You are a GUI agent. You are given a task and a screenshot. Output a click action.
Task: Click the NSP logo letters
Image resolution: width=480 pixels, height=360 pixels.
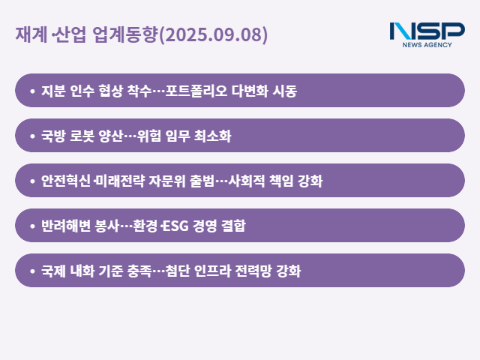(427, 31)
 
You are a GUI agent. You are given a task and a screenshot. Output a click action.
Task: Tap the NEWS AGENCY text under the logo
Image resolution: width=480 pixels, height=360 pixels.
(427, 45)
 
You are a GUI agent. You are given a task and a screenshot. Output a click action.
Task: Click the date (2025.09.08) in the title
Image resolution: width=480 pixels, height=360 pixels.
(213, 34)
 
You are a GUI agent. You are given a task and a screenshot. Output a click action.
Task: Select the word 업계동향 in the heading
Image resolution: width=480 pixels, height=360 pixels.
(125, 34)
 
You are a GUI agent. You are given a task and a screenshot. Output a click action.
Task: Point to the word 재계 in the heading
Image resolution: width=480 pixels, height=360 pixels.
(31, 34)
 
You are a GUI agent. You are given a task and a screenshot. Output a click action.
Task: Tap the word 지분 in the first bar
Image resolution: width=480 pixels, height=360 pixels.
(53, 91)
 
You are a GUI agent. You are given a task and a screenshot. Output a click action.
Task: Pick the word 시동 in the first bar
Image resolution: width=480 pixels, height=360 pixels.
(285, 91)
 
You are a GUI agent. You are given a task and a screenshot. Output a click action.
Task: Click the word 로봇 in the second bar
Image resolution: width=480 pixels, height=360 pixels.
(82, 136)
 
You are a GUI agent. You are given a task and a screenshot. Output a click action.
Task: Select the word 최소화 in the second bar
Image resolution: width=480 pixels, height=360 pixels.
(213, 136)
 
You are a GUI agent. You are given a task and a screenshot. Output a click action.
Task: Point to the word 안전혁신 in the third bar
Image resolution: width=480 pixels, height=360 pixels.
(66, 181)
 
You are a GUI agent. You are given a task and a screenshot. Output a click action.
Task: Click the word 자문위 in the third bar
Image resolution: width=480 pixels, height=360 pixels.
(167, 181)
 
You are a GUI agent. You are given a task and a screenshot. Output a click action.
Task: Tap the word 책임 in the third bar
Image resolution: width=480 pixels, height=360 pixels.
(281, 181)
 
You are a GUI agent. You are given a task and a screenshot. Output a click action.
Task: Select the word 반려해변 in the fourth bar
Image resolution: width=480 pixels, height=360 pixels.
(66, 226)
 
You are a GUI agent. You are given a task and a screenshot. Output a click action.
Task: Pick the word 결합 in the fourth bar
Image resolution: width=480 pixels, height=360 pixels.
(233, 226)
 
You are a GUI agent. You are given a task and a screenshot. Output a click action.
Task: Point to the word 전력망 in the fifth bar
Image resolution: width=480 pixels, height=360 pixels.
(253, 271)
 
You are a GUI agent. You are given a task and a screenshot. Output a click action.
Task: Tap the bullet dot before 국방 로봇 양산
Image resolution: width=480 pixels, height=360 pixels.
(32, 136)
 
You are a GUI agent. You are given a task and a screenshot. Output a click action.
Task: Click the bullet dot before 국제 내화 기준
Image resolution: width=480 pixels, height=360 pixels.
(32, 271)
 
